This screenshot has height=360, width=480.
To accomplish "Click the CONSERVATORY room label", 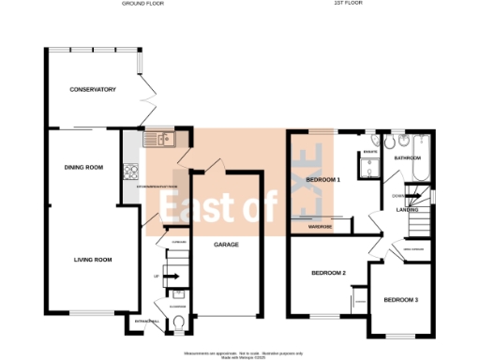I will (92, 90).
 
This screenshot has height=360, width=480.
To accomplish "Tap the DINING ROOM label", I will (83, 168).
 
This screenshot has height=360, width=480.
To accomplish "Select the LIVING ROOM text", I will (93, 260).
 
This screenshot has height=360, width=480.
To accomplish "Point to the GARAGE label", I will (225, 244).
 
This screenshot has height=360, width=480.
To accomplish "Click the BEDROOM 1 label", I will (323, 178).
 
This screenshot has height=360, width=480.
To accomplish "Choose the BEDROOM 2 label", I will (329, 273).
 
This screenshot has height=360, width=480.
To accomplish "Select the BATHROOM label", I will (407, 158).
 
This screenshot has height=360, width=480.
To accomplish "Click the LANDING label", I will (407, 210).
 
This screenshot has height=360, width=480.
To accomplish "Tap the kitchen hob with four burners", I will (130, 172).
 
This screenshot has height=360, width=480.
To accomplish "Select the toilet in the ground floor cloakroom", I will (179, 325).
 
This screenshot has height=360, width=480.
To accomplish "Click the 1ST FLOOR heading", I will (348, 4).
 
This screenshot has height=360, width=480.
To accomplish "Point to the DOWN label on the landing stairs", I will (397, 195).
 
